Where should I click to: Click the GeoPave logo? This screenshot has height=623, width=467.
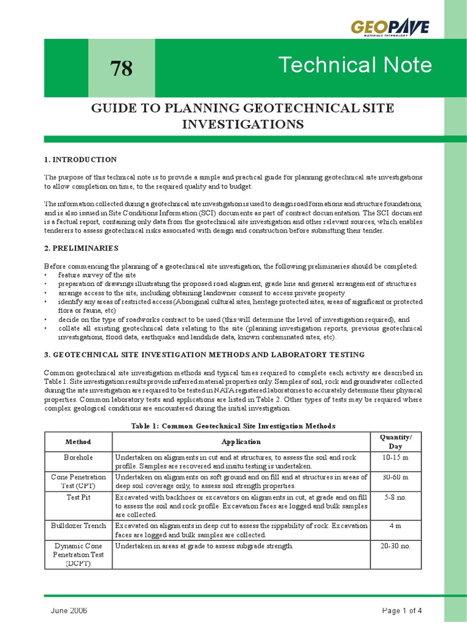(x=390, y=28)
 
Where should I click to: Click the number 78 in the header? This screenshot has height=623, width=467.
(x=122, y=69)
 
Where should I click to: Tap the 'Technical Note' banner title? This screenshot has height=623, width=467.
(x=355, y=64)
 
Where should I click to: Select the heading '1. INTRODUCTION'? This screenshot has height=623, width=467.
(x=80, y=159)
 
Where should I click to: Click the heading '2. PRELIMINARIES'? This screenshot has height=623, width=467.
(x=81, y=249)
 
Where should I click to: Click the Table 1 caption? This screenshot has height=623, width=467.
(x=233, y=426)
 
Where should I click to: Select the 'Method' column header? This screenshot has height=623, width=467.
(x=78, y=442)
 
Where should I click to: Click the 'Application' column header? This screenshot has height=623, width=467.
(x=241, y=442)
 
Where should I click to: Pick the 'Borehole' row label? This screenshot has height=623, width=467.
(x=78, y=457)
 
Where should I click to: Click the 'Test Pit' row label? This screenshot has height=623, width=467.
(x=78, y=497)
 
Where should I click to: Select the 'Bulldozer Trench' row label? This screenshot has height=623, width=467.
(x=78, y=526)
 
